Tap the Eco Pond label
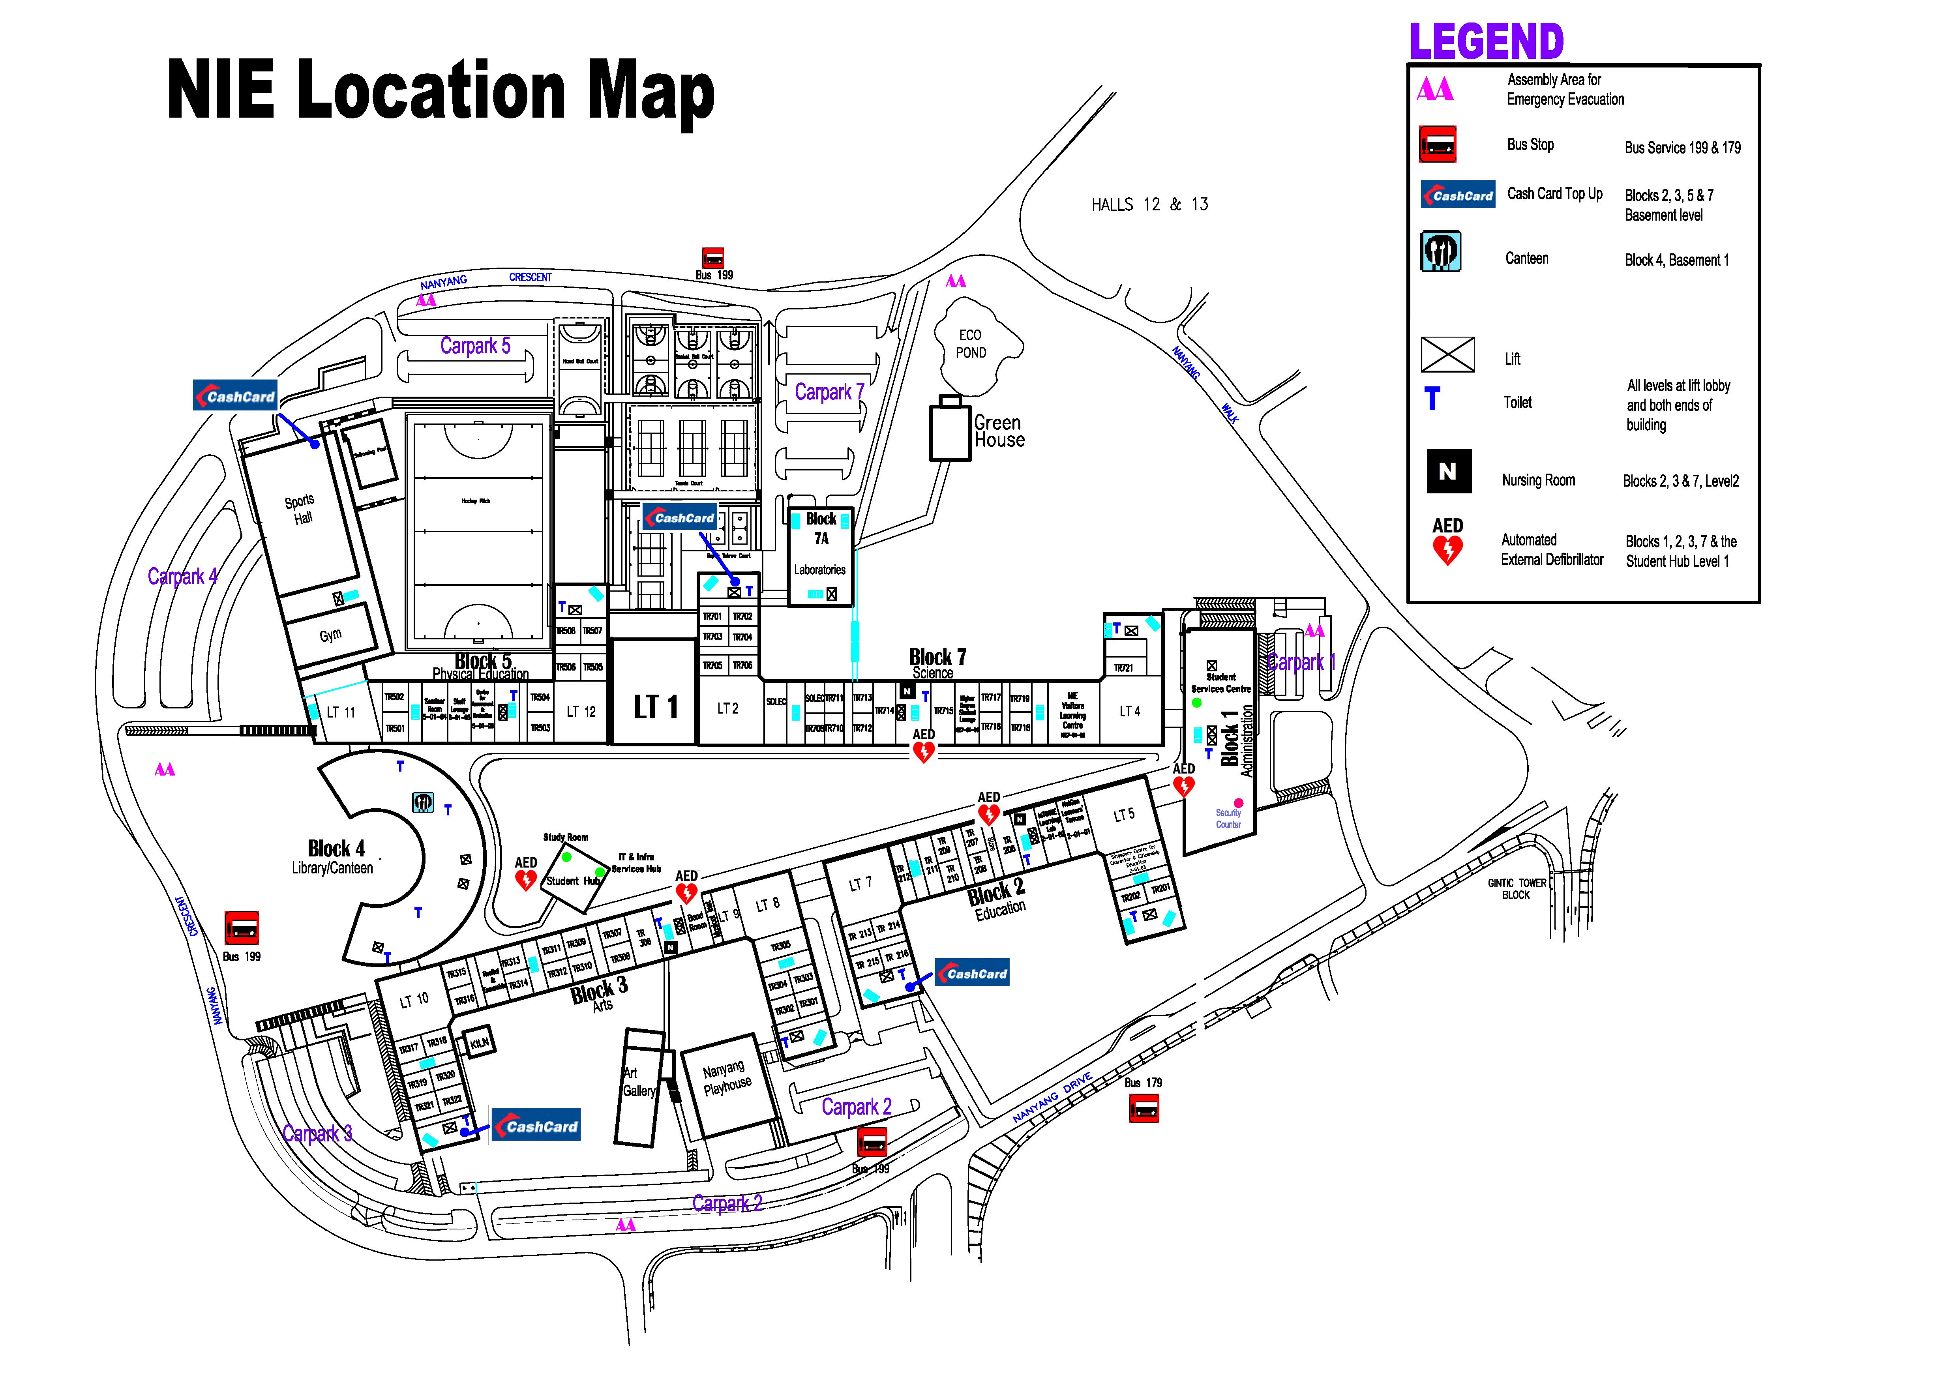971,343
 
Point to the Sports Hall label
300,509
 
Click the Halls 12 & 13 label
1149,204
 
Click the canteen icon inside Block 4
422,803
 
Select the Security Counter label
1228,818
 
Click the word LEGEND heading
1486,41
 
